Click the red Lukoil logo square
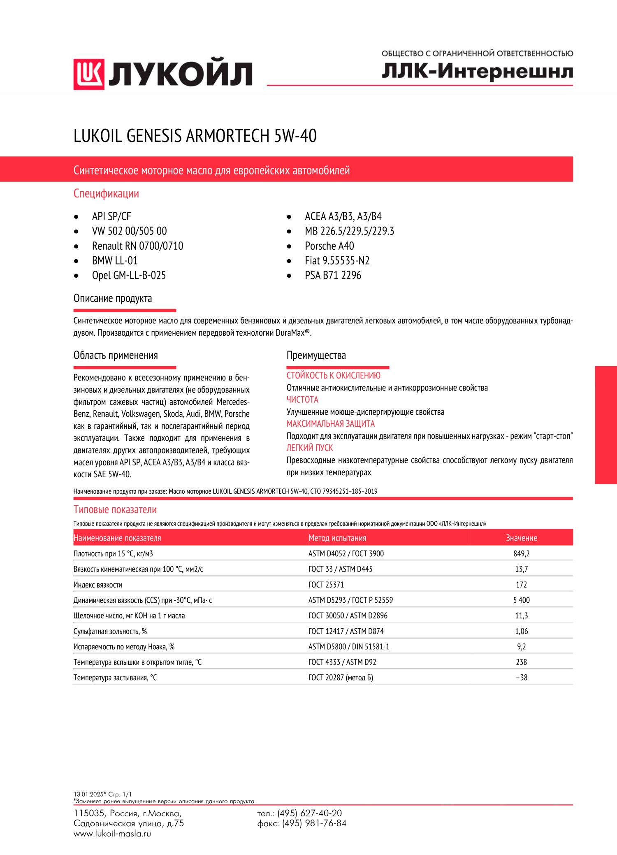[x=89, y=74]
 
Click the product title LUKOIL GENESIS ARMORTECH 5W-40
[x=195, y=136]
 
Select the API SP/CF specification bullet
[x=111, y=216]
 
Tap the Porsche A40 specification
[x=329, y=246]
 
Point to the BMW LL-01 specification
[x=115, y=261]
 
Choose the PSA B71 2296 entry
[x=333, y=276]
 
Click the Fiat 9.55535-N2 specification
[x=337, y=261]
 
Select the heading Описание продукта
[x=113, y=298]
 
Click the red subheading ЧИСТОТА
[x=302, y=400]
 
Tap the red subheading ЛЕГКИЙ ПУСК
[x=310, y=448]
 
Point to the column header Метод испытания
[x=337, y=538]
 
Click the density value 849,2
[x=521, y=554]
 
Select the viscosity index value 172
[x=521, y=585]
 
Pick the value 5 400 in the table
[x=521, y=600]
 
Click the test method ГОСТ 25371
[x=326, y=585]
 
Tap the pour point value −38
[x=522, y=678]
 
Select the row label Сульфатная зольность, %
[x=110, y=631]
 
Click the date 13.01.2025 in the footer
[x=88, y=794]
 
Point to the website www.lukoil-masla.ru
[x=112, y=834]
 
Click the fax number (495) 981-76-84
[x=314, y=823]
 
